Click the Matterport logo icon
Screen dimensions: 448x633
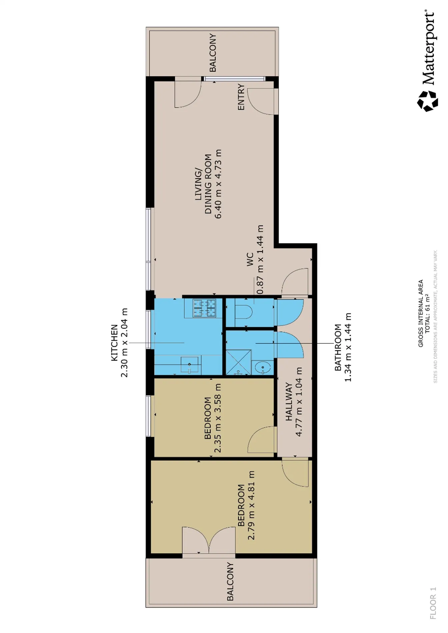(x=428, y=101)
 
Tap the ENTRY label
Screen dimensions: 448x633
(x=241, y=97)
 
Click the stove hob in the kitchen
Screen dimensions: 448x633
(x=204, y=308)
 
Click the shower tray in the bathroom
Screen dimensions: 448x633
(x=239, y=362)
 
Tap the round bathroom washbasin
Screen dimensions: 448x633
(x=263, y=368)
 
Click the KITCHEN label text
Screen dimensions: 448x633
(x=114, y=342)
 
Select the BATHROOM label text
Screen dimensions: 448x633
(x=338, y=347)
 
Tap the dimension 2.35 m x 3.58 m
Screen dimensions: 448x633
(x=217, y=418)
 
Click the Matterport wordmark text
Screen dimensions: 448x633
(x=429, y=48)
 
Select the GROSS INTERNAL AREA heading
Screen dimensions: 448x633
(x=421, y=313)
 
